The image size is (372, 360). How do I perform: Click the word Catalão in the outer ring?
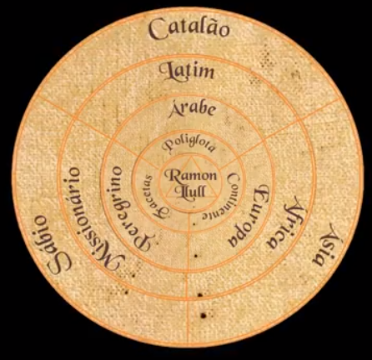click(189, 31)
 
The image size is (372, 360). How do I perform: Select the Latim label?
click(185, 71)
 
